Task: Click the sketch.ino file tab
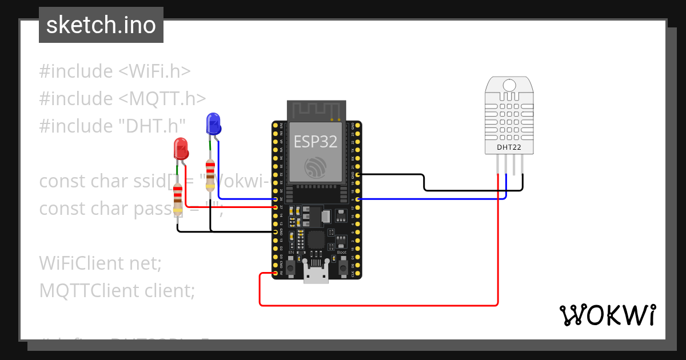point(101,25)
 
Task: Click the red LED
point(181,149)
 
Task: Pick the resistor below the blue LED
point(210,174)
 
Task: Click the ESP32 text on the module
point(316,141)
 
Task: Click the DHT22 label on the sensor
point(510,147)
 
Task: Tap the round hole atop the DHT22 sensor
point(509,86)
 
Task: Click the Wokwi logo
point(607,315)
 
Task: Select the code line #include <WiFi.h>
point(115,71)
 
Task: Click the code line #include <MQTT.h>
point(122,99)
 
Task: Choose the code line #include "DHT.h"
point(113,126)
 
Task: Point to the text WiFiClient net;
point(101,263)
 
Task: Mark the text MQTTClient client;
point(117,291)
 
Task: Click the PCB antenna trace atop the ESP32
point(316,109)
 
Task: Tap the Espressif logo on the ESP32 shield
point(316,166)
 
